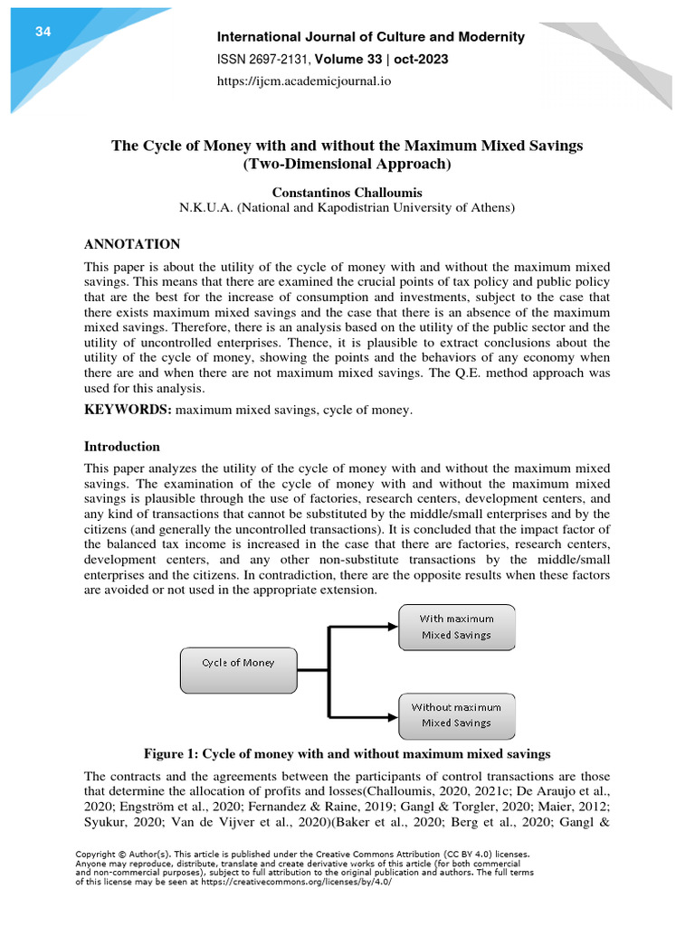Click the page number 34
tap(43, 33)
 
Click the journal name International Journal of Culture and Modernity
tap(369, 37)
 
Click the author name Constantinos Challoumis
tap(347, 192)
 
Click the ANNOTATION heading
tap(132, 244)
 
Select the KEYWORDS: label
tap(127, 411)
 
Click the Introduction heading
tap(121, 447)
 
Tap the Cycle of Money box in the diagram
tap(237, 662)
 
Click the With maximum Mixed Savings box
tap(456, 627)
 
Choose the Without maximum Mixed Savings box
tap(456, 714)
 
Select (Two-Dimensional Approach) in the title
tap(347, 165)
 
